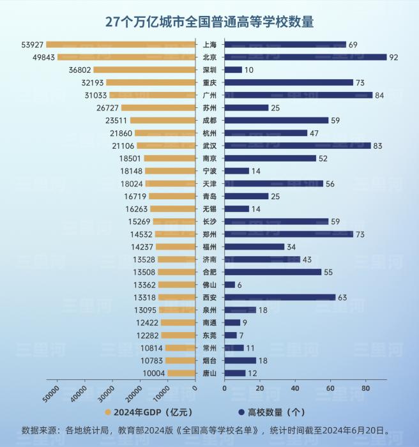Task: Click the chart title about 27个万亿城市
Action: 209,21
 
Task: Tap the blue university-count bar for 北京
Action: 305,57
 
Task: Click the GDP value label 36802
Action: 79,70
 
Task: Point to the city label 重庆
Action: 209,82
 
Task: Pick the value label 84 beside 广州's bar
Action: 381,95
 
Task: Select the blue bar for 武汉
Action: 297,146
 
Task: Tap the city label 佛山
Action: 209,285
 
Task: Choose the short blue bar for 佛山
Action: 230,285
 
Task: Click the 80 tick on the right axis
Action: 365,388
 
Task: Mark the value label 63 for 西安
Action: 344,298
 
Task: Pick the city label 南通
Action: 209,322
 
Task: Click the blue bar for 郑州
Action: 289,234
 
